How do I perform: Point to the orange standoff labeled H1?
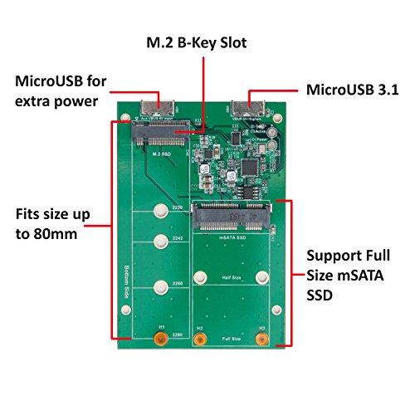pos(163,340)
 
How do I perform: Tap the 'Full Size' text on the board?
pos(231,339)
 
